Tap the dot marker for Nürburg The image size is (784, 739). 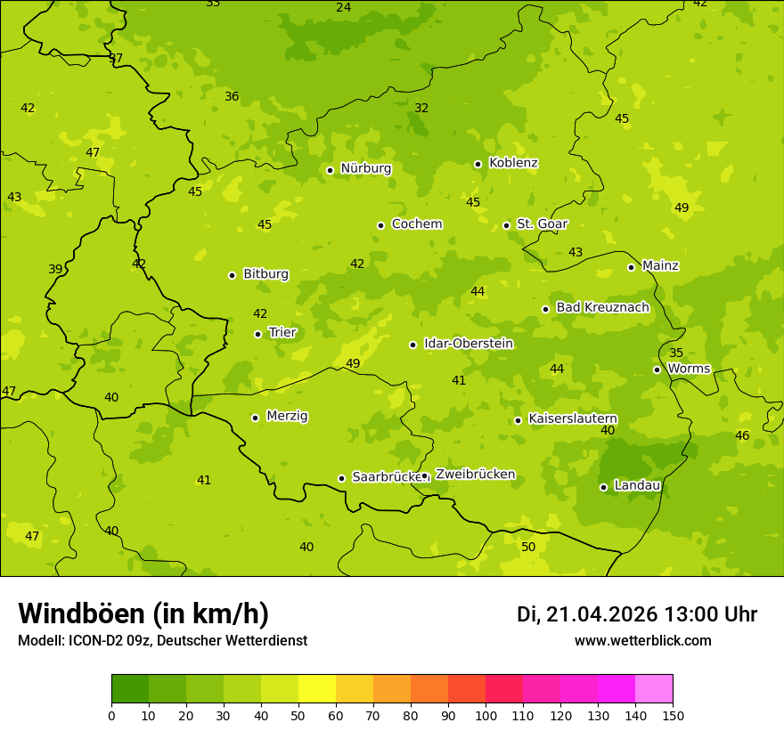(330, 170)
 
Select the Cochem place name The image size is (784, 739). (416, 223)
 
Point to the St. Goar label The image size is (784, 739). (542, 223)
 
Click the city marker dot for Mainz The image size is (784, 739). (631, 267)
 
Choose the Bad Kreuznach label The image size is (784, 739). (602, 307)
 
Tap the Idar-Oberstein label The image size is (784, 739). (469, 343)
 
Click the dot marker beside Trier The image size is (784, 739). (258, 334)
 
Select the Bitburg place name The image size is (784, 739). (265, 273)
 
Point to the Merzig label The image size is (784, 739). (287, 416)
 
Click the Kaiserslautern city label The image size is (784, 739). (573, 418)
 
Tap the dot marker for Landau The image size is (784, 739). (603, 487)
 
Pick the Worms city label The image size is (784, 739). (689, 368)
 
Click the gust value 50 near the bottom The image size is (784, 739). (528, 547)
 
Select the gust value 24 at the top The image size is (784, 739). (343, 8)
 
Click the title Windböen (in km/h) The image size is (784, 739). (143, 613)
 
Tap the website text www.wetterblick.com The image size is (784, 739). (642, 640)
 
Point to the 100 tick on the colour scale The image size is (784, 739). (486, 715)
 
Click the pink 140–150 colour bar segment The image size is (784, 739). (654, 688)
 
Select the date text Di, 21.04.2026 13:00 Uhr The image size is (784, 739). (637, 614)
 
